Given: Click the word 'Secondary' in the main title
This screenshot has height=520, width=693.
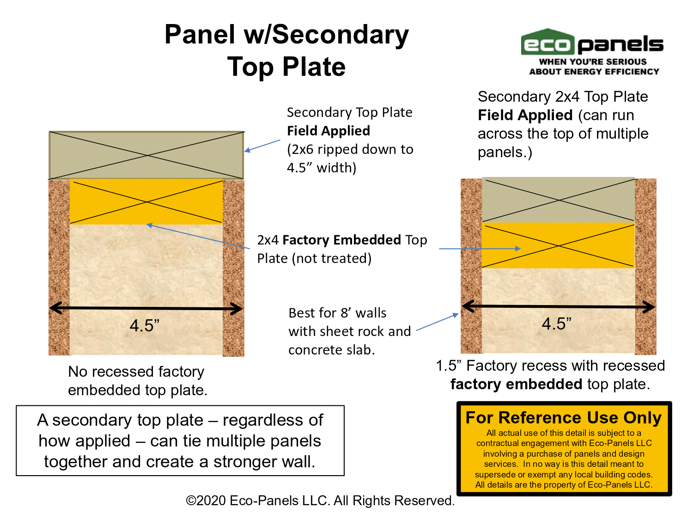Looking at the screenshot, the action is coord(340,34).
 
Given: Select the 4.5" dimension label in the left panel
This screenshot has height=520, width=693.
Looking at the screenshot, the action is coord(145,325).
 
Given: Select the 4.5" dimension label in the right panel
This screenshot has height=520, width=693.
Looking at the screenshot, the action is coord(557,324).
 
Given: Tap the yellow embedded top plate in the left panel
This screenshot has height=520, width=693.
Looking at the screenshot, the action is coord(146,202).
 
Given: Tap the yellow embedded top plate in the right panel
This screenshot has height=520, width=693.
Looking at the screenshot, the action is coord(558,245).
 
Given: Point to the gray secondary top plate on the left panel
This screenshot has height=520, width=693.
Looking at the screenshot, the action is coord(146,155).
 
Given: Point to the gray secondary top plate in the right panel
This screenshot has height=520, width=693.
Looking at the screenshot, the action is coord(558,200).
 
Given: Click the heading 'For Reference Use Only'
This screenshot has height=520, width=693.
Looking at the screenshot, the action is coord(564,418).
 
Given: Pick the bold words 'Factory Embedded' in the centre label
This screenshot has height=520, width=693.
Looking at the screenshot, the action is coord(341,240).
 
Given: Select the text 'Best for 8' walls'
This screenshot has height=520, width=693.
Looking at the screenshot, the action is coord(337,313).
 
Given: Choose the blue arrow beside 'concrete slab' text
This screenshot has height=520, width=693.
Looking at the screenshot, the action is coord(437,322).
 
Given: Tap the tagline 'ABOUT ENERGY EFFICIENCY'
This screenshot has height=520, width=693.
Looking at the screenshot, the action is coord(594,72).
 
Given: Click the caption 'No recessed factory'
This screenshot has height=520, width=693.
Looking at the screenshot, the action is coord(136,372).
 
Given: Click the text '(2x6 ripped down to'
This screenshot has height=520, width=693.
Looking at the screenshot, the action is coord(350,149).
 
